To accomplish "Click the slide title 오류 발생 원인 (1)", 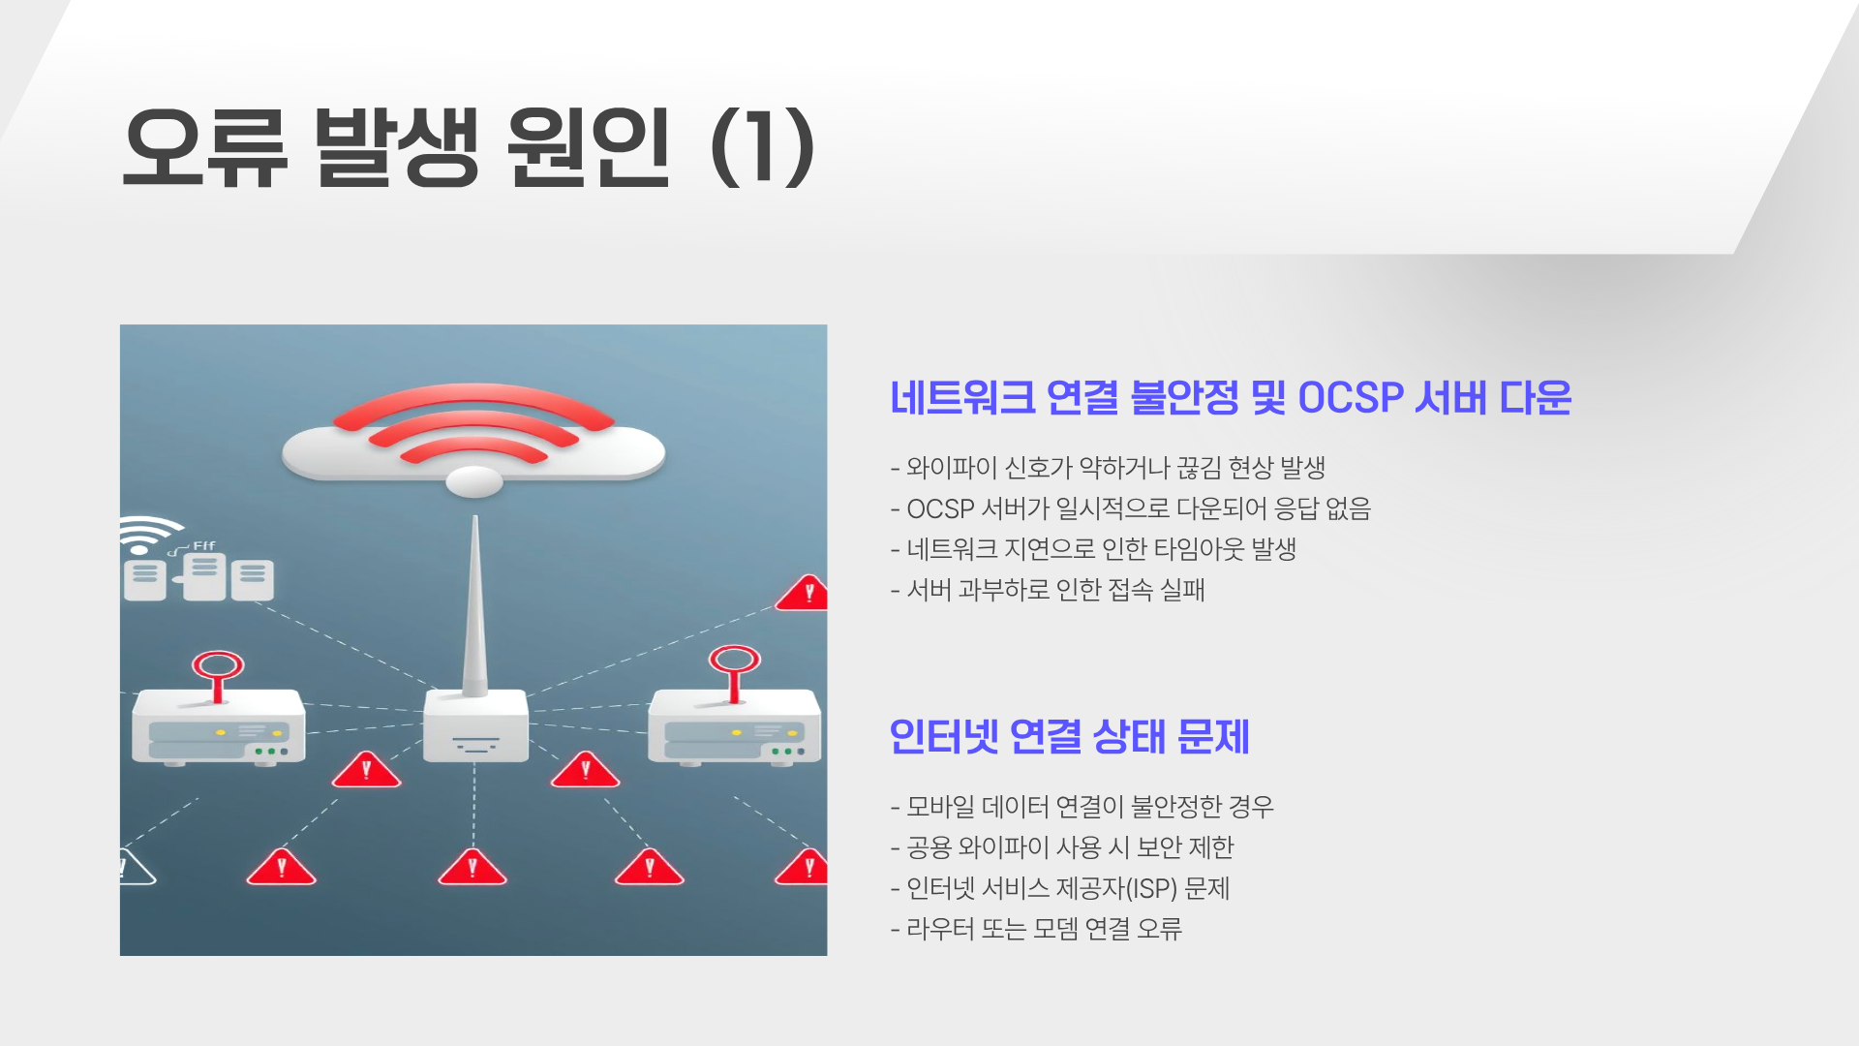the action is click(x=469, y=147).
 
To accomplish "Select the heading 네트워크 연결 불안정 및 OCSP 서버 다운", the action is click(x=1230, y=398).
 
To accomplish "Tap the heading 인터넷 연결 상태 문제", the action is click(x=1069, y=737).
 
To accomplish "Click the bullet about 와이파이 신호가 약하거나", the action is click(x=1108, y=468).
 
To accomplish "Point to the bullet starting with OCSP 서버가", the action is click(x=1130, y=508).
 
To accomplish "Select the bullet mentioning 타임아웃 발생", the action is click(x=1093, y=549).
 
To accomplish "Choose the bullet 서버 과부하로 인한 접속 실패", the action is click(x=1048, y=590).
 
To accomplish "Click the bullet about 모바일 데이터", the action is click(x=1082, y=807).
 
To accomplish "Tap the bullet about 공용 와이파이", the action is click(x=1062, y=847).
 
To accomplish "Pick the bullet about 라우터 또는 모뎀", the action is click(x=1036, y=929).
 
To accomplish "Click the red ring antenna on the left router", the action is click(x=218, y=667).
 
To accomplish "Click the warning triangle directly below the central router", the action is click(x=472, y=867).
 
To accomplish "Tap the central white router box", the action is click(x=475, y=726).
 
